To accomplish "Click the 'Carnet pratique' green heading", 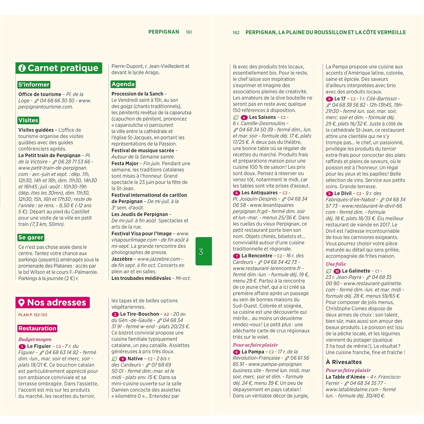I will [59, 68].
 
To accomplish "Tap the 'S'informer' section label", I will [34, 85].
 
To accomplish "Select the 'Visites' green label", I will [28, 120].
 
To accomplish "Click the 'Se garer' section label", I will [31, 237].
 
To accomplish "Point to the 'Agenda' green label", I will [123, 84].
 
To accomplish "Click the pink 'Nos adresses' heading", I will [53, 302].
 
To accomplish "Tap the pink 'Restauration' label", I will [37, 328].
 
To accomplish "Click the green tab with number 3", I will [204, 251].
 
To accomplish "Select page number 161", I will [189, 32].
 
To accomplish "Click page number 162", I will [236, 33].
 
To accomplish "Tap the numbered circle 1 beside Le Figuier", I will [22, 347].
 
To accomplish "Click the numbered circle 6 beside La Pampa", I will [236, 352].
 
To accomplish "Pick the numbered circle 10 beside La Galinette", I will [337, 271].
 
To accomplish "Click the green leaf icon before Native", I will [114, 359].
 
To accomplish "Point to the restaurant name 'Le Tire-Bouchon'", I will [139, 314].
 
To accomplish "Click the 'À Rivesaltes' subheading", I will [343, 362].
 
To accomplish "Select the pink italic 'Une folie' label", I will [336, 264].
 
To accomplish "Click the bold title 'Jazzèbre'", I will [122, 259].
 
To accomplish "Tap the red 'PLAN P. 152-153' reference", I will [33, 315].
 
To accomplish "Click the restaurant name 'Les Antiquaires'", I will [259, 193].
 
